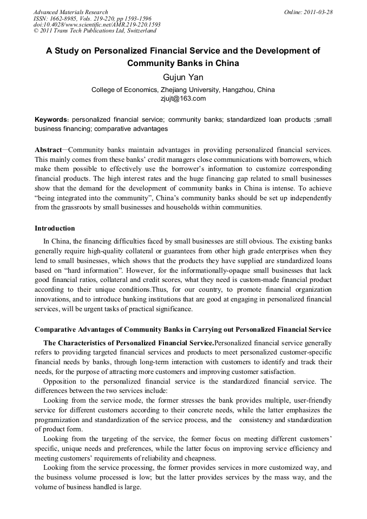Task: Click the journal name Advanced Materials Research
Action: coord(71,12)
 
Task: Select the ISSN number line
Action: coord(93,18)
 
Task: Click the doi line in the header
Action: coord(97,25)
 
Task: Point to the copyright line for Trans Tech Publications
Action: coord(95,31)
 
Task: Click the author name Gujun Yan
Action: coord(183,77)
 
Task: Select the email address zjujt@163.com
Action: coord(183,98)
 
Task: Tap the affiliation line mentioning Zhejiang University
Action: coord(183,90)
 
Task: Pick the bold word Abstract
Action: coord(48,149)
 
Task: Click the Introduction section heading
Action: coord(55,228)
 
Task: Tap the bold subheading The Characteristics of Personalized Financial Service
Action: coord(129,343)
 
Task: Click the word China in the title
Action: coord(227,63)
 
